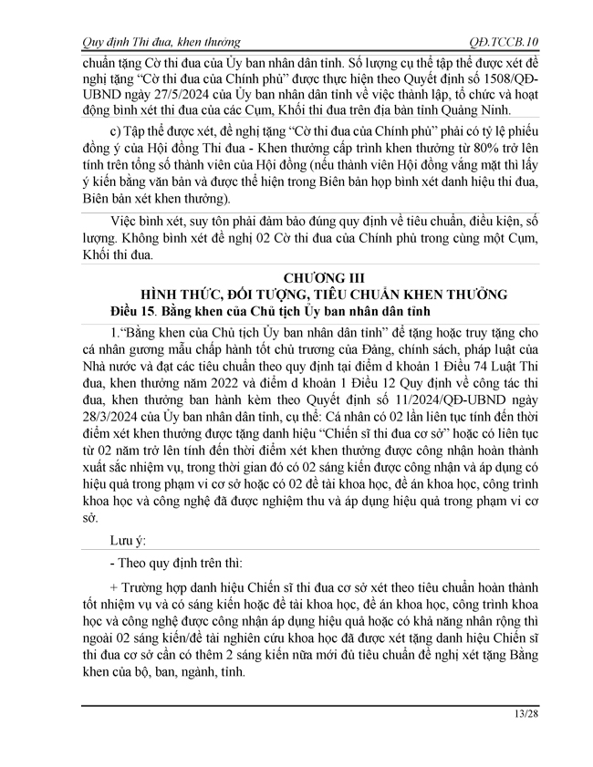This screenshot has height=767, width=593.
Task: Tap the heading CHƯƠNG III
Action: tap(307, 277)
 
